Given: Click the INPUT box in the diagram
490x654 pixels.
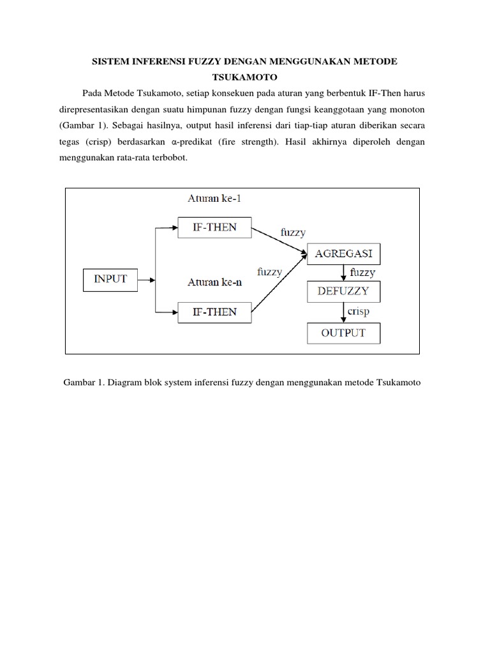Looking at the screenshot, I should click(110, 279).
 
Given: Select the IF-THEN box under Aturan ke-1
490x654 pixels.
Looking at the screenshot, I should click(215, 227).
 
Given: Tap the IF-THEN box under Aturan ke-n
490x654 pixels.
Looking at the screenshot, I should click(215, 312).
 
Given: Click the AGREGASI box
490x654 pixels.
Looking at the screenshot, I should click(345, 254).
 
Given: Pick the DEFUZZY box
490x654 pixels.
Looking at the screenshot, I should click(345, 293).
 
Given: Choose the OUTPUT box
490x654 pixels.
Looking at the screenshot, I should click(345, 333).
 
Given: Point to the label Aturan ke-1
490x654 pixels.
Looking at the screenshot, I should click(214, 199).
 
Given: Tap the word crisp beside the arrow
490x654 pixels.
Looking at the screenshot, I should click(360, 311).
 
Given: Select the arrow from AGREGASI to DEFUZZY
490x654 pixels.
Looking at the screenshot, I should click(344, 273).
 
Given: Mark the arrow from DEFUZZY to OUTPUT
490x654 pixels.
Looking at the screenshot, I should click(344, 312).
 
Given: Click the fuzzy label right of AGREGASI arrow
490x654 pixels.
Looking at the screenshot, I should click(363, 272).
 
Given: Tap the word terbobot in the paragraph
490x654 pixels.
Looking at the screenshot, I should click(170, 158).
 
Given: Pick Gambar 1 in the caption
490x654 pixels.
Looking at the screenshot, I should click(84, 383).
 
